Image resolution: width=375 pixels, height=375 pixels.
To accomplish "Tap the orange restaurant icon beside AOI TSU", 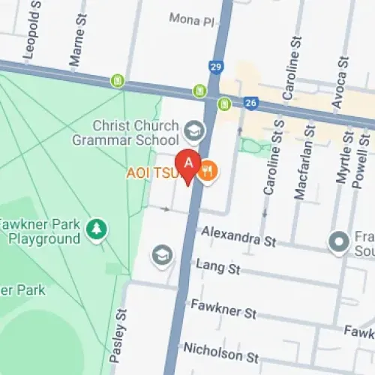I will [208, 172].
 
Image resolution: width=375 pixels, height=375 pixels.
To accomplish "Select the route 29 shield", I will [216, 68].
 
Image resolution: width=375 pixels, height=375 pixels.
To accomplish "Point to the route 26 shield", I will [251, 103].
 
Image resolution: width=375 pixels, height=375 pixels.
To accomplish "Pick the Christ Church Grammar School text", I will [125, 132].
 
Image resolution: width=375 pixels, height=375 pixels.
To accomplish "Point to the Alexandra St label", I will [239, 236].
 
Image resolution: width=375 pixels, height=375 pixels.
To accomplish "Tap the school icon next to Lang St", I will [160, 254].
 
